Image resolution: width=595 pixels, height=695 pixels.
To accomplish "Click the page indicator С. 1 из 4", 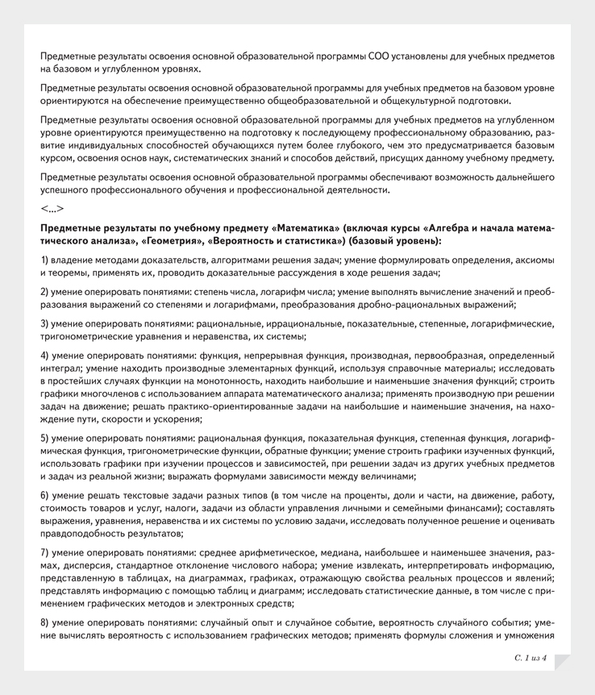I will [x=529, y=658].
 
